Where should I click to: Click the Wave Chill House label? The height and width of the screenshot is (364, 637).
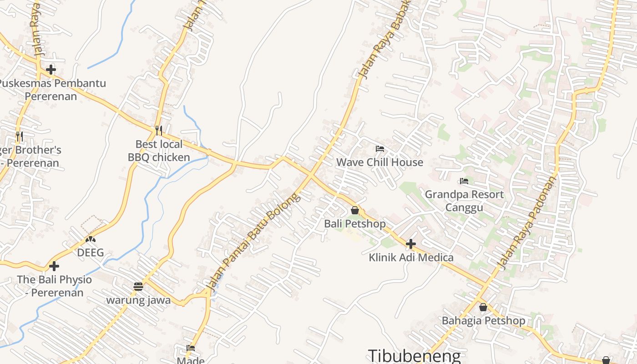click(379, 162)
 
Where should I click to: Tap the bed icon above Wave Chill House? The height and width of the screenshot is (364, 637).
click(379, 149)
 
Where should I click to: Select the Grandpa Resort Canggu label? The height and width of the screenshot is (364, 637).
click(464, 201)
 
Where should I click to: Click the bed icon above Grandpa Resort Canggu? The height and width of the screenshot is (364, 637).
click(464, 181)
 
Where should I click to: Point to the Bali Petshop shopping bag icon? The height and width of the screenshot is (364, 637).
click(355, 210)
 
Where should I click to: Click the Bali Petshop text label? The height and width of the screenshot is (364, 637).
click(355, 224)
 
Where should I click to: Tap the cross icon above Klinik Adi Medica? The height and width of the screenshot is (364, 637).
click(411, 244)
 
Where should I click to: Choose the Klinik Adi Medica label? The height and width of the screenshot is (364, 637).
click(411, 258)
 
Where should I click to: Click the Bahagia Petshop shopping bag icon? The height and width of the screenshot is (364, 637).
click(483, 307)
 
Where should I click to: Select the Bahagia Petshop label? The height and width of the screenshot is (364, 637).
click(483, 320)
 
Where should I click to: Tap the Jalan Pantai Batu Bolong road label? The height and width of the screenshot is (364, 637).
click(253, 242)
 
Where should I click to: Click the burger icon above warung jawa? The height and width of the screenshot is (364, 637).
click(138, 286)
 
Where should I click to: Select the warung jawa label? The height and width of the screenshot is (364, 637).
click(138, 300)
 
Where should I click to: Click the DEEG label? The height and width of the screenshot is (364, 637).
click(91, 253)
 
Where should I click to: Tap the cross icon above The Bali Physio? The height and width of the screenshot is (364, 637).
click(54, 266)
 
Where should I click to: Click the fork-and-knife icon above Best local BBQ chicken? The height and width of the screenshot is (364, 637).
click(158, 131)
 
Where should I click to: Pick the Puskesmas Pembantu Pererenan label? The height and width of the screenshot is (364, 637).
click(51, 90)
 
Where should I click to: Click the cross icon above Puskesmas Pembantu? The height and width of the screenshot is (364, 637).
click(51, 70)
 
